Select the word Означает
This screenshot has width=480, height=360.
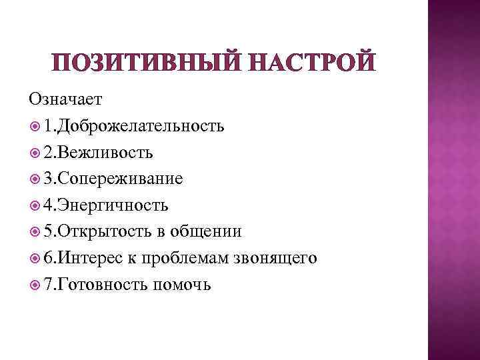[65, 99]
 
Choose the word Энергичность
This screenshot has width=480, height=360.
[114, 205]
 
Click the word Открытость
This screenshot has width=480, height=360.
[103, 232]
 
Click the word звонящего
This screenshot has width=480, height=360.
[280, 258]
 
